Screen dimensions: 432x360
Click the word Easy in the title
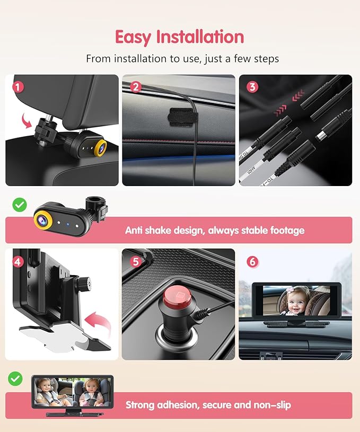point(134,37)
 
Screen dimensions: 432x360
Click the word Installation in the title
point(200,37)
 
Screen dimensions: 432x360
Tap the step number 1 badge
point(18,86)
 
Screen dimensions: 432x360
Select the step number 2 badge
point(136,86)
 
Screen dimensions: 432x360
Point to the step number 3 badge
point(252,86)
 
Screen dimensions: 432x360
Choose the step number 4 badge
point(18,261)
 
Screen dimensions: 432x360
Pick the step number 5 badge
point(136,261)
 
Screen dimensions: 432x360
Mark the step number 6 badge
point(252,261)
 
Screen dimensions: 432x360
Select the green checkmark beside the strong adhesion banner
point(15,378)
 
